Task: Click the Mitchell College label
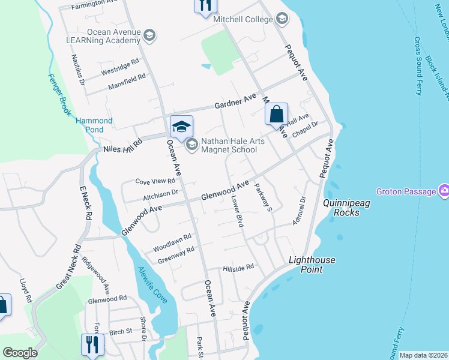coord(243,19)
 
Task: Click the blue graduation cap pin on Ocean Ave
coord(181,127)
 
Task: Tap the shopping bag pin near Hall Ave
coord(276,115)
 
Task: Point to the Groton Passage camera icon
coord(444,191)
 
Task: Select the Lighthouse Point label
coord(312,265)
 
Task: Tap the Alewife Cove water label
coord(152,284)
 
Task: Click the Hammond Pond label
coord(94,125)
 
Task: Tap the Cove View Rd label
coord(155,181)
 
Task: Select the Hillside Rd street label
coord(239,268)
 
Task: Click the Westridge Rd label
coord(120,66)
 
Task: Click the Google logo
coord(20,353)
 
